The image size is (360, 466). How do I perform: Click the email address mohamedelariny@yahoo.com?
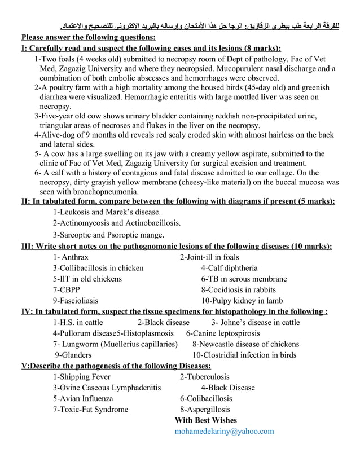tap(224, 431)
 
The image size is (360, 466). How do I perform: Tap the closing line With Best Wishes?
tap(206, 420)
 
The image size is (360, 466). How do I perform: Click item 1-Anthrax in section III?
tap(71, 257)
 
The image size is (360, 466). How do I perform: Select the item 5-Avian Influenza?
tap(83, 398)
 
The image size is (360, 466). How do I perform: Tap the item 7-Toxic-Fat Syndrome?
tap(90, 410)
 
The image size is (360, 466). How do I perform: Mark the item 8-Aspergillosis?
tap(205, 410)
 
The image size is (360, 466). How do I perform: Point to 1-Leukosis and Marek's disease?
tap(107, 212)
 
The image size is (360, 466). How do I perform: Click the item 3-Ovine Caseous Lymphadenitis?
tap(107, 388)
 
